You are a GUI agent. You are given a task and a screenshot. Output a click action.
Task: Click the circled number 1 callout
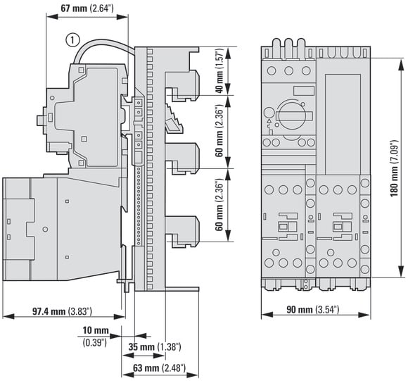pos(72,40)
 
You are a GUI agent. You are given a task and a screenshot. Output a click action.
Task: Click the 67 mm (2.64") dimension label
pos(87,8)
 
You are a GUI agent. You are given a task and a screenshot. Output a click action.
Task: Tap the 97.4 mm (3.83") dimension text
pos(62,311)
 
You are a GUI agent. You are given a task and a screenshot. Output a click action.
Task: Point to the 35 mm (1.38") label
pos(155,347)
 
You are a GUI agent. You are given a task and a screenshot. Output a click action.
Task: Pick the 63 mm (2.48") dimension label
pos(159,368)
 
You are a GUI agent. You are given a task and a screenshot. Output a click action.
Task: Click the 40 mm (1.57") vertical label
pos(219,70)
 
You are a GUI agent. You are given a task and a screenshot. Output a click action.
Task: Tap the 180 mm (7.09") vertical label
pos(394,169)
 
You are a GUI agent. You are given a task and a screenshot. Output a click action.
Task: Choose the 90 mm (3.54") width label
pos(313,309)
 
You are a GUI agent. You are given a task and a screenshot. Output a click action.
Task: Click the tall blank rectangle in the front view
pos(343,124)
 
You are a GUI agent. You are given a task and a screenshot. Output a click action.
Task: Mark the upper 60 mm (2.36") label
pos(219,131)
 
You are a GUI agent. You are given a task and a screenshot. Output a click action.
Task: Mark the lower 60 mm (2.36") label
pos(219,205)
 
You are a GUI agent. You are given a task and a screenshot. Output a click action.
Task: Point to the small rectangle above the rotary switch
pos(304,90)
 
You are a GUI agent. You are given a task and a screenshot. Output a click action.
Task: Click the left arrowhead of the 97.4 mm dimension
pos(8,317)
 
